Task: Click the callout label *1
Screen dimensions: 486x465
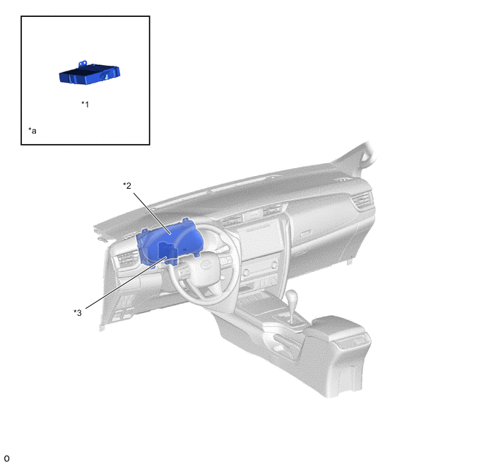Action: (x=85, y=104)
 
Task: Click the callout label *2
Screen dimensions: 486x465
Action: (x=127, y=185)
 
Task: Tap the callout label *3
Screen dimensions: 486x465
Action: (x=78, y=312)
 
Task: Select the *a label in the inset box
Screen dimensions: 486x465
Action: (x=32, y=131)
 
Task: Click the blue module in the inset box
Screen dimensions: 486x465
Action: (x=89, y=73)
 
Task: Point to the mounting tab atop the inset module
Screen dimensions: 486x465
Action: (x=82, y=64)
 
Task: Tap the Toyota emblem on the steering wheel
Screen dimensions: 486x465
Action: (x=206, y=264)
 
